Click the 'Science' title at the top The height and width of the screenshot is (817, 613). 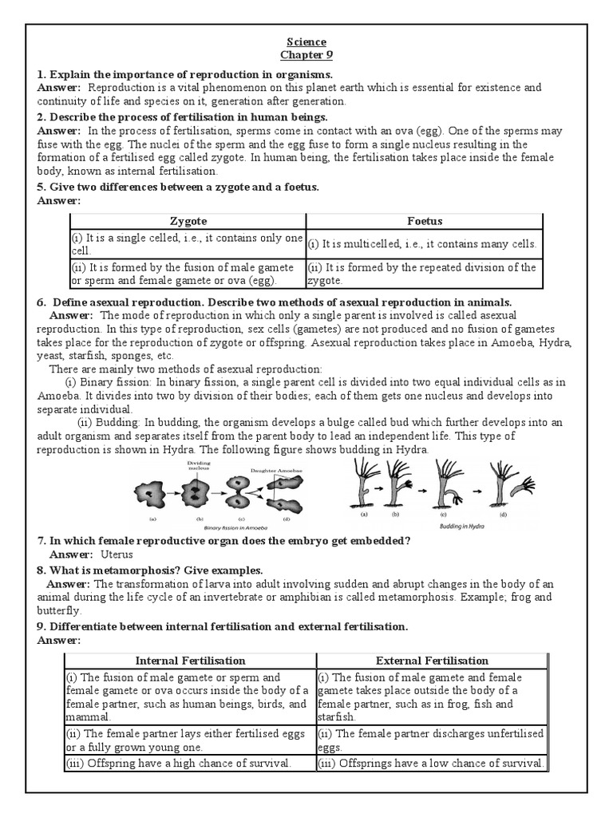click(x=306, y=42)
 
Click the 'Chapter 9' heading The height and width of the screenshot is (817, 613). click(x=306, y=55)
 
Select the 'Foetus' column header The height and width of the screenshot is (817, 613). click(x=424, y=221)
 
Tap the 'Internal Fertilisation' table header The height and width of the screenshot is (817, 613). click(x=191, y=660)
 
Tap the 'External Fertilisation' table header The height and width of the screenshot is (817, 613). click(x=432, y=660)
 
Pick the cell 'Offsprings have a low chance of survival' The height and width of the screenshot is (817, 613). click(x=432, y=763)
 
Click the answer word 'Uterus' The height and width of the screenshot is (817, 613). click(x=117, y=554)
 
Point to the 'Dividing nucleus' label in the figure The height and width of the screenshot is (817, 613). click(x=199, y=466)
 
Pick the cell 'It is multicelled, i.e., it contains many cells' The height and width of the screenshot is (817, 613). click(x=422, y=244)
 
